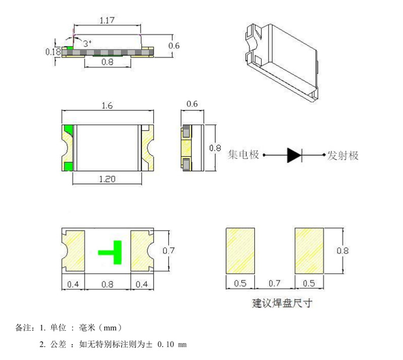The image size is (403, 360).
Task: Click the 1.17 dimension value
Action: point(106,21)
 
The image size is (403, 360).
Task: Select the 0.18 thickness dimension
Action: point(53,51)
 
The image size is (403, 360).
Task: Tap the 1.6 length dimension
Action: point(107,106)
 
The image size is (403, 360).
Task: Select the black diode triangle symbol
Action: point(294,155)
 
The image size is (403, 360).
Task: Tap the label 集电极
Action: point(244,154)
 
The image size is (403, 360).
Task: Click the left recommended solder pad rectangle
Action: point(241,251)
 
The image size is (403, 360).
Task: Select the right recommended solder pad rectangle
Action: point(309,251)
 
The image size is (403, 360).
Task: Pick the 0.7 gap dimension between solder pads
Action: point(275,283)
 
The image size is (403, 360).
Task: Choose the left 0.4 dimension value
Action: point(73,284)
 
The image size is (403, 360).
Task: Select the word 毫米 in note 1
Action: point(88,328)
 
